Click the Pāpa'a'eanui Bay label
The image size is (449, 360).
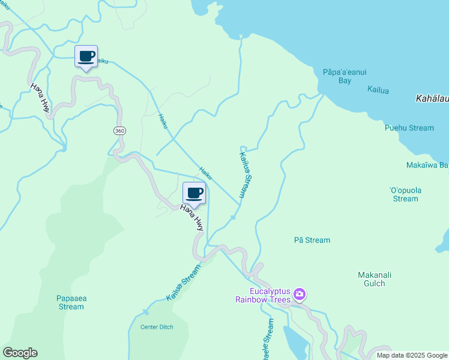point(345,76)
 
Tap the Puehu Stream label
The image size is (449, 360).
point(409,128)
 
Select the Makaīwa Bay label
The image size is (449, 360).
point(427,165)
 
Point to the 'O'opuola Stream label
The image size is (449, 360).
point(406,194)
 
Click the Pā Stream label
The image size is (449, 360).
point(312,240)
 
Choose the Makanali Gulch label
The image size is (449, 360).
point(375,279)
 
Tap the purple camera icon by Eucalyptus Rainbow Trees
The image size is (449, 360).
point(300,295)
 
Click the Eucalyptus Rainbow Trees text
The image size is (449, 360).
point(262,295)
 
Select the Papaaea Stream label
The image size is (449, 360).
point(71,302)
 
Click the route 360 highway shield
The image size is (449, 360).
point(119,130)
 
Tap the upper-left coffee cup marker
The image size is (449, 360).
point(86,57)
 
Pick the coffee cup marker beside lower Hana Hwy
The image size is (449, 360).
point(194,193)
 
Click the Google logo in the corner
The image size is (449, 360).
point(20,353)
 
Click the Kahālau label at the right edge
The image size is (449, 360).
point(432,97)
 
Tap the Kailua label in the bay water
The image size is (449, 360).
point(378,90)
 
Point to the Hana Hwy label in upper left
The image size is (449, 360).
point(41,98)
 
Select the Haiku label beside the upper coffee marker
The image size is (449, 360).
point(103,61)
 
